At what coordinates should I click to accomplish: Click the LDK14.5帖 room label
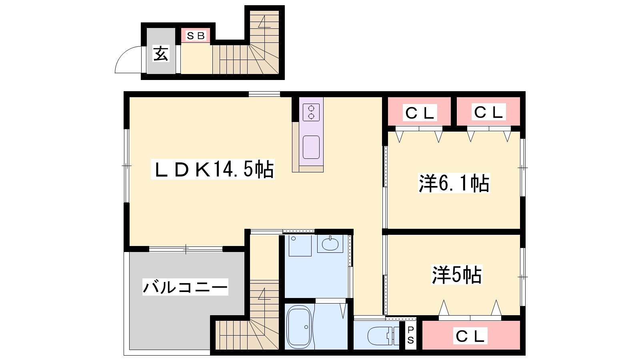click(x=213, y=169)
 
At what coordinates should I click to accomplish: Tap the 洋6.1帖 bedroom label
click(x=454, y=183)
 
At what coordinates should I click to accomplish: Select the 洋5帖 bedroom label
click(x=457, y=274)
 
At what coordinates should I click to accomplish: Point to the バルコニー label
click(x=185, y=287)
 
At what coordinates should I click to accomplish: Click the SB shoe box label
click(x=196, y=36)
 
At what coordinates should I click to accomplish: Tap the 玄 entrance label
click(x=161, y=54)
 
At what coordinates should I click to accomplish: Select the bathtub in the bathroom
click(x=299, y=327)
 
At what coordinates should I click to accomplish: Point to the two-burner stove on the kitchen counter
click(x=311, y=112)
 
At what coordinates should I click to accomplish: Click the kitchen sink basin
click(x=311, y=147)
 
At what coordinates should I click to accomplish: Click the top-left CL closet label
click(x=420, y=113)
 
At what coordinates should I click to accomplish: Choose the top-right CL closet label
click(x=488, y=112)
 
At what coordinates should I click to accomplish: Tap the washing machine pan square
click(x=300, y=246)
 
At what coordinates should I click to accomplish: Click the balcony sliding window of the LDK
click(x=186, y=249)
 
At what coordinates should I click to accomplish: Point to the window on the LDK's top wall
click(x=264, y=94)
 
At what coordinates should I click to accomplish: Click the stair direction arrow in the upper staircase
click(x=264, y=22)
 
